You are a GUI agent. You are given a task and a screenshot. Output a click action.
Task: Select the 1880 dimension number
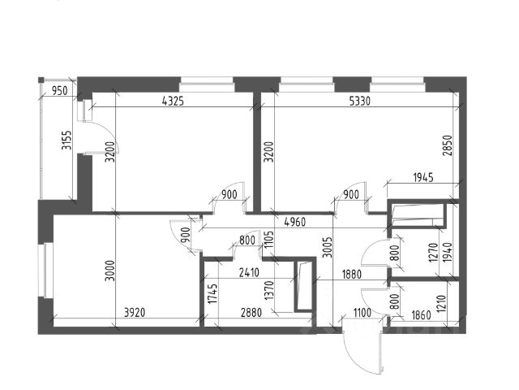[x=330, y=275]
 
